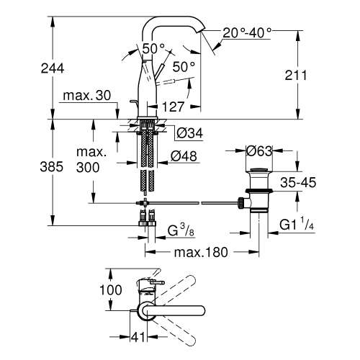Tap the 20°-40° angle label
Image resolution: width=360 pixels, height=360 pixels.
247,33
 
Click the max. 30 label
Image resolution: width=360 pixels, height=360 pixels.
86,96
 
